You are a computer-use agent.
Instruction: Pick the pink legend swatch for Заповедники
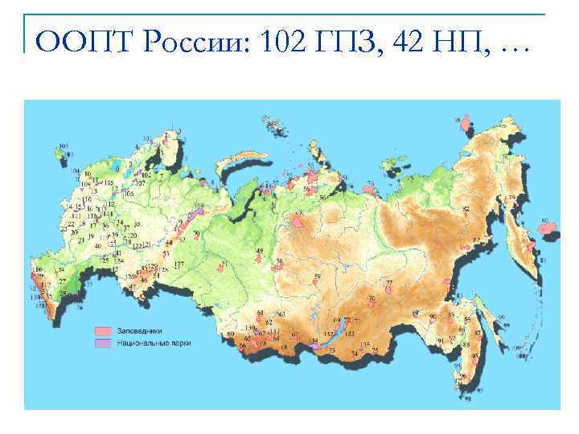[103, 330]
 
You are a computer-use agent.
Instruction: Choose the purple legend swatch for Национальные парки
[103, 342]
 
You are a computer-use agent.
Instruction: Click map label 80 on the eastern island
[544, 220]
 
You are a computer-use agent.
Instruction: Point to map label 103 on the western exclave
[64, 147]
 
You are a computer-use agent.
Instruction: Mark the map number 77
[389, 283]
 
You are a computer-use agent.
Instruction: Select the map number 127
[179, 264]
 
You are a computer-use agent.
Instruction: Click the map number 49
[259, 252]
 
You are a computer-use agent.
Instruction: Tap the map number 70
[371, 298]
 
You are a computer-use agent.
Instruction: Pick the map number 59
[317, 276]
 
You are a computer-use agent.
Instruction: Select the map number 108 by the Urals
[199, 207]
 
